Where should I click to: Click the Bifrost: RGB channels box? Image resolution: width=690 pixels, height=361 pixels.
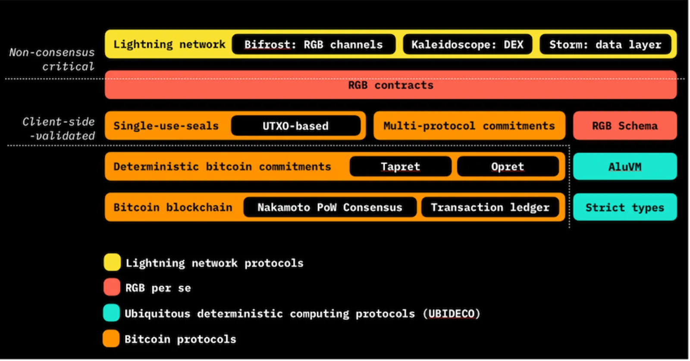(x=314, y=45)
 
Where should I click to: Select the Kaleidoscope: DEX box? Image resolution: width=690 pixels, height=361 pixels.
(x=467, y=45)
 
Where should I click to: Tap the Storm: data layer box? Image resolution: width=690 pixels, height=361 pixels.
(x=605, y=45)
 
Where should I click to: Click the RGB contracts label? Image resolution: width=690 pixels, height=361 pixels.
(x=391, y=85)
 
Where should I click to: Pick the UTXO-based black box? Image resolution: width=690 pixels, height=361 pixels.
(x=296, y=126)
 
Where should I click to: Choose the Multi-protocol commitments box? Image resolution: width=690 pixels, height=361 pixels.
(x=470, y=126)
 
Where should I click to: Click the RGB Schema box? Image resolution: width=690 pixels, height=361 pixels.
(x=625, y=126)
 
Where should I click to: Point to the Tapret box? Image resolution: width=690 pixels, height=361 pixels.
(x=401, y=166)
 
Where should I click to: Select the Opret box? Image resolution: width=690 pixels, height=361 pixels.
(x=508, y=166)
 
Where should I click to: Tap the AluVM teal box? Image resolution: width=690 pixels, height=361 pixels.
(x=625, y=166)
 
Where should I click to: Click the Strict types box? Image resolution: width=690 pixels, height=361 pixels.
(x=625, y=207)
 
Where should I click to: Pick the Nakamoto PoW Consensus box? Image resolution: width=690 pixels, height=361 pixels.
(x=330, y=207)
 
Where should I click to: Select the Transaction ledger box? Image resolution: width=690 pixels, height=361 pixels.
(x=490, y=207)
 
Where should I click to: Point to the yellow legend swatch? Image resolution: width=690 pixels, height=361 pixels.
(x=112, y=262)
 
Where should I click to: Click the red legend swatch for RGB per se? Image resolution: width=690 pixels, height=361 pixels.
(x=112, y=287)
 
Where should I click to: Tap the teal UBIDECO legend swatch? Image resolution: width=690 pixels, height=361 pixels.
(x=112, y=313)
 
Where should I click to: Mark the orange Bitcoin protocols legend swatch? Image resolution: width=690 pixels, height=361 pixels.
(x=111, y=339)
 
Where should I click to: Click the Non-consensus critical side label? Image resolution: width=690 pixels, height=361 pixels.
(x=52, y=59)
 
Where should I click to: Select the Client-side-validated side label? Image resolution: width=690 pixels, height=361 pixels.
(x=59, y=129)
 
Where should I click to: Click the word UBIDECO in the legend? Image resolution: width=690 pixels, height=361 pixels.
(x=451, y=314)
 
